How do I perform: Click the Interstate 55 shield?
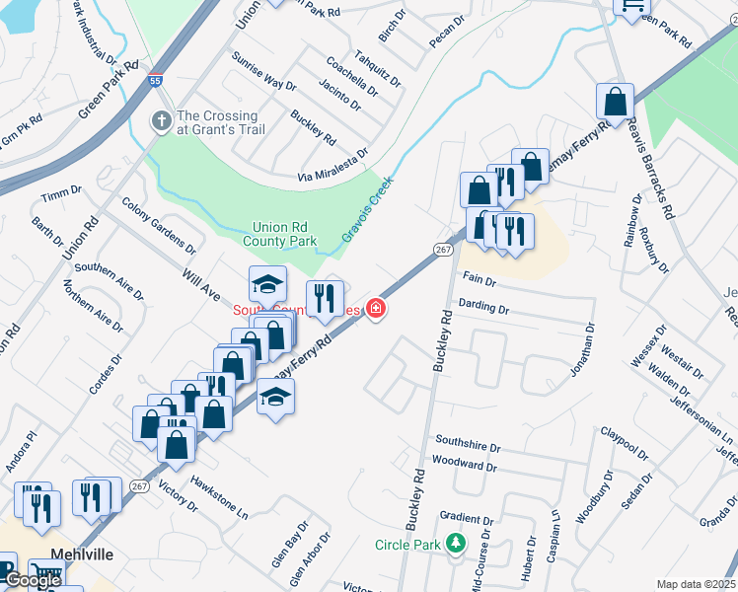[x=155, y=79]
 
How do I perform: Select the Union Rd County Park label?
[x=284, y=234]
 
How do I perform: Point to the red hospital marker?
[x=375, y=310]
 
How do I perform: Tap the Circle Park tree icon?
[x=455, y=544]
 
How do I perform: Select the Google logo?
[x=33, y=580]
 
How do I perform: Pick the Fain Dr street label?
[x=478, y=281]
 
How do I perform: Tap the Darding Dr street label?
[x=483, y=309]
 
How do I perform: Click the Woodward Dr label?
[x=464, y=464]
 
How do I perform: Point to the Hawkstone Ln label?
[x=219, y=498]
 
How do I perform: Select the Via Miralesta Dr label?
[x=332, y=166]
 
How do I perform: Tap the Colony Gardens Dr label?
[x=158, y=223]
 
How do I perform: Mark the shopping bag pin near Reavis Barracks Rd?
[x=615, y=102]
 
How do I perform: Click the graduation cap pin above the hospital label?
[x=267, y=284]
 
